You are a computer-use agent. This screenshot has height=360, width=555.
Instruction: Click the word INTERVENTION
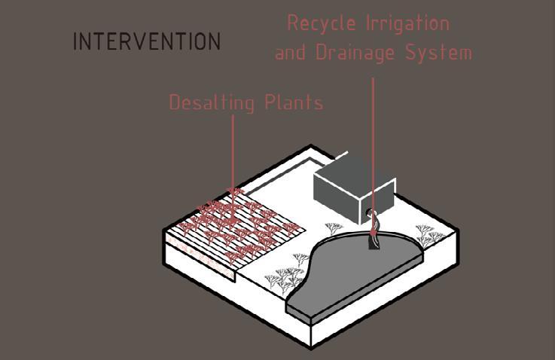coord(147,41)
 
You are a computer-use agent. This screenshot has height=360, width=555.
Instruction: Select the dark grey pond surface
coord(354,271)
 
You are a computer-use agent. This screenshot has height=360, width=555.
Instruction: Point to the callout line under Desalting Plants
coord(232,151)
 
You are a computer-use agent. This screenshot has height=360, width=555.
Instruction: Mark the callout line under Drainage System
coord(373,136)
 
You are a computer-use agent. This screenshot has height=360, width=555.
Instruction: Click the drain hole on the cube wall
coord(371,215)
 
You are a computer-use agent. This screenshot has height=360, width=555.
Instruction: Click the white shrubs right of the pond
coord(427,237)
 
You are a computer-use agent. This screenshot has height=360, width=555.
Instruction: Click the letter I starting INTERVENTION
coord(75,41)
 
